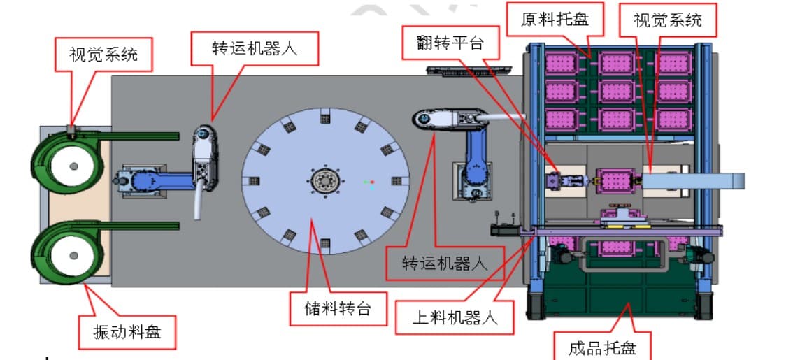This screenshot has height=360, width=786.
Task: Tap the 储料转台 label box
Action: (338, 308)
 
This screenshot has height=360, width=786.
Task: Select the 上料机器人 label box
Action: (455, 317)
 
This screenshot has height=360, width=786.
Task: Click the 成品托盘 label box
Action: (602, 345)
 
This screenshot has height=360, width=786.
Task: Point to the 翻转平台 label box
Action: (450, 43)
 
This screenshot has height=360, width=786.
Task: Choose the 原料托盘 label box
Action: (555, 20)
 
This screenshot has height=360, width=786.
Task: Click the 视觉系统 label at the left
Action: (103, 54)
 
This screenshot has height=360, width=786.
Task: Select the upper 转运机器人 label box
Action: (255, 48)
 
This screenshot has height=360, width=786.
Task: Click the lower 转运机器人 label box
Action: (445, 263)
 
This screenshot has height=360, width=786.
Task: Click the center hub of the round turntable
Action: (325, 180)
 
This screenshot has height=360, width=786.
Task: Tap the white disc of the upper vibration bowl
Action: (73, 166)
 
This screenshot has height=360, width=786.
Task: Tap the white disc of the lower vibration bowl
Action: (73, 256)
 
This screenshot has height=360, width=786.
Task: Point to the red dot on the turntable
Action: (372, 182)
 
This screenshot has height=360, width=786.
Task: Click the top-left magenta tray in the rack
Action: (562, 64)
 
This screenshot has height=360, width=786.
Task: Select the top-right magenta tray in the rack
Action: (674, 64)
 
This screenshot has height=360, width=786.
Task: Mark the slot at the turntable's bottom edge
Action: (325, 244)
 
